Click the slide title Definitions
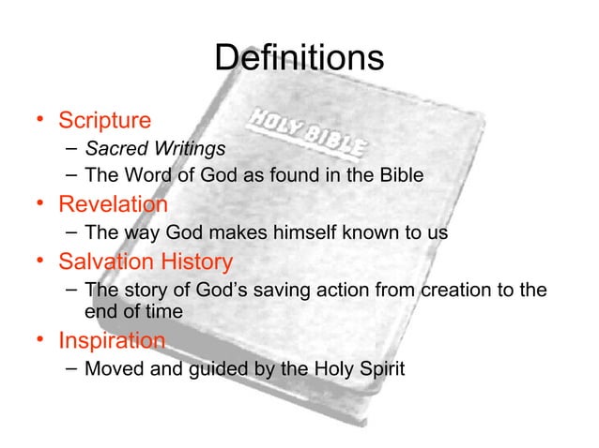tap(299, 59)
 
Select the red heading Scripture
tap(104, 121)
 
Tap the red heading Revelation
tap(114, 204)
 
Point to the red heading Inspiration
tap(113, 341)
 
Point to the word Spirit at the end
tap(379, 368)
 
